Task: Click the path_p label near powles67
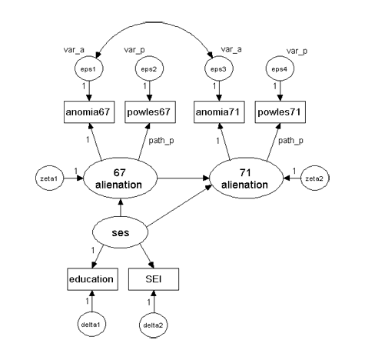[161, 141]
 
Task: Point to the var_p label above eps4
[297, 51]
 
